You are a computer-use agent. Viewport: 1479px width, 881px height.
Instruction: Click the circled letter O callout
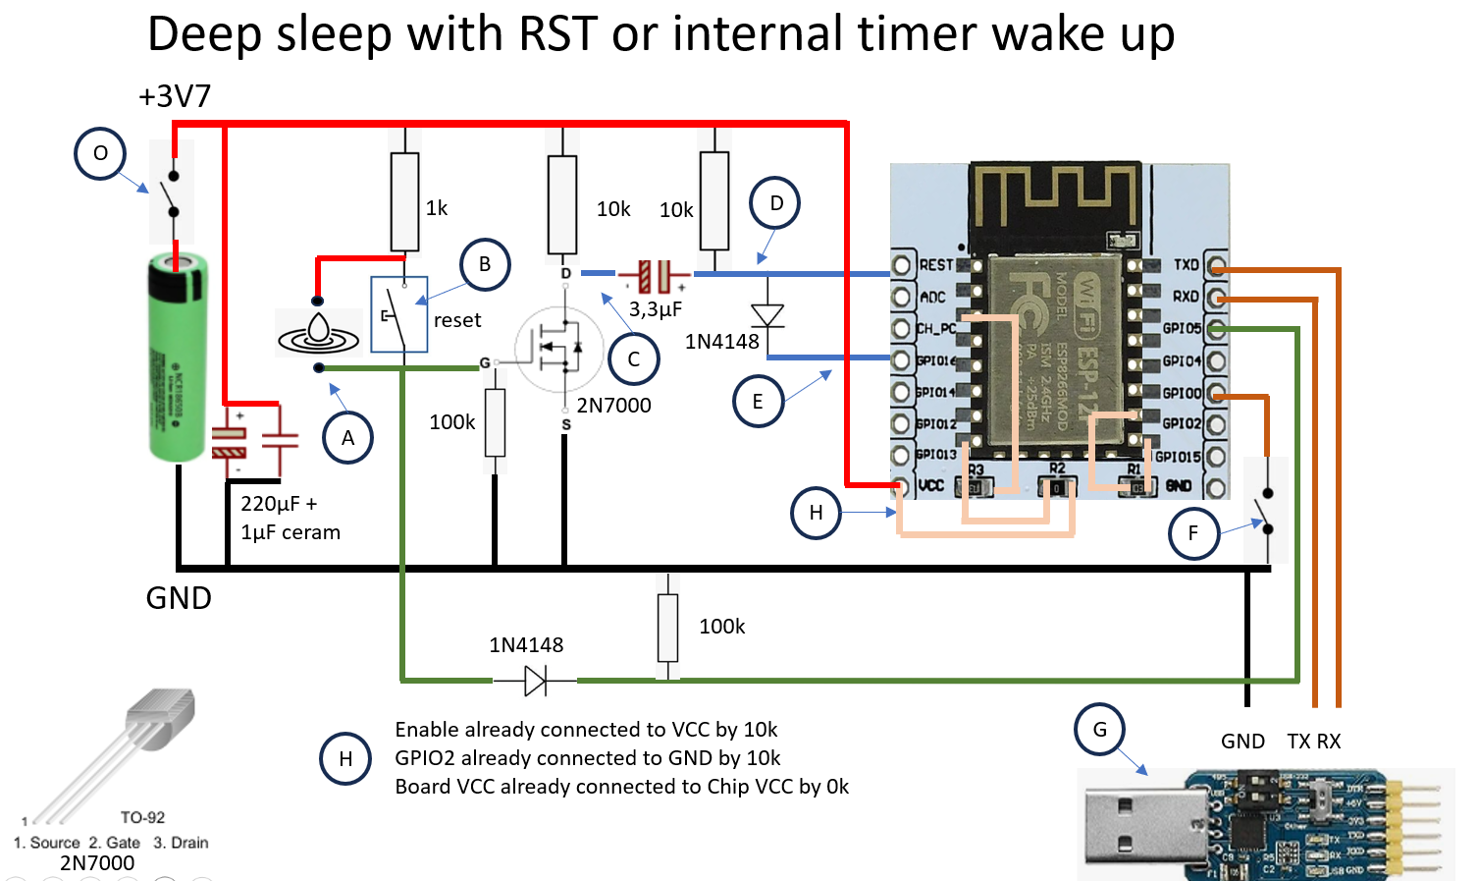coord(100,154)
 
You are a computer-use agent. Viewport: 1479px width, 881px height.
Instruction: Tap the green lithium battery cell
coord(178,358)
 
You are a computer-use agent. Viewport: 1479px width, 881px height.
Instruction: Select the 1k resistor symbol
coord(404,201)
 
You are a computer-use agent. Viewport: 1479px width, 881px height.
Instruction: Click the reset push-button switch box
coord(398,314)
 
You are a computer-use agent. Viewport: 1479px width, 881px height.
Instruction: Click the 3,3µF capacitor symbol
coord(655,276)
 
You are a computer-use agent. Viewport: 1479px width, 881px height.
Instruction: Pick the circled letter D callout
coord(775,203)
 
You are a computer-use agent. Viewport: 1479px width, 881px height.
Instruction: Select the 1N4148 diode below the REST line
coord(766,316)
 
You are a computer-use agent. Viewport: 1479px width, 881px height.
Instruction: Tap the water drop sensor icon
coord(318,332)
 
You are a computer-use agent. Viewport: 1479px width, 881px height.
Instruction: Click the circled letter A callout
coord(347,438)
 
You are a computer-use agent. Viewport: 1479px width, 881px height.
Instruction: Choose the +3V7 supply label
coord(175,96)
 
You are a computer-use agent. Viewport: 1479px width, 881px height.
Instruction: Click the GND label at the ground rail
coord(179,598)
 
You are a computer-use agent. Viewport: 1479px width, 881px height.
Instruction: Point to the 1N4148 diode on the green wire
coord(535,680)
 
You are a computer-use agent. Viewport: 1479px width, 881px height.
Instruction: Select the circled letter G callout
coord(1100,730)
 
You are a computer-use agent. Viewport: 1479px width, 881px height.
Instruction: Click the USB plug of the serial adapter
coord(1138,822)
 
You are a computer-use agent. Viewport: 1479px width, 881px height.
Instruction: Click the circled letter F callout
coord(1193,533)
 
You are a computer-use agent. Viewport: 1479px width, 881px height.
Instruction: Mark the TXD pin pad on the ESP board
coord(1217,265)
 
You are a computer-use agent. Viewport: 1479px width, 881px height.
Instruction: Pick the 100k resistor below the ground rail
coord(667,627)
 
